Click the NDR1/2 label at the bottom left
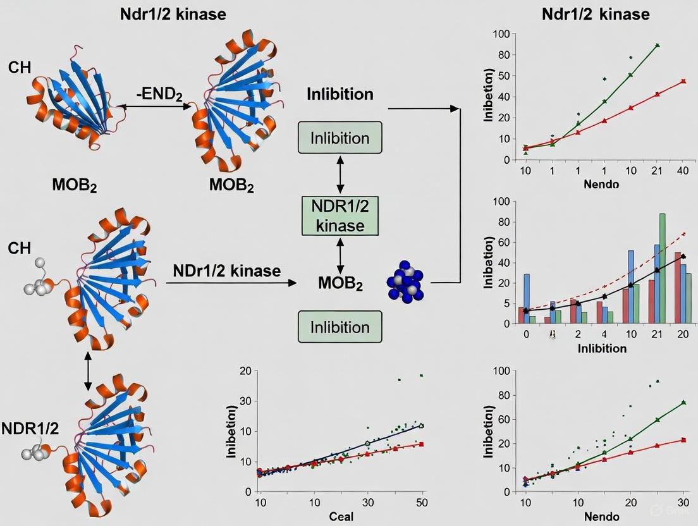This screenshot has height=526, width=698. [x=30, y=428]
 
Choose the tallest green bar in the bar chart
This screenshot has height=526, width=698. [x=662, y=268]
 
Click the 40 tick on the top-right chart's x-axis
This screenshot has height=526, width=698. [x=683, y=171]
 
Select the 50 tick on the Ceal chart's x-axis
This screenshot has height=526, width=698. [x=421, y=503]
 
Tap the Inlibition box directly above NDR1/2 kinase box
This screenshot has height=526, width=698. [x=340, y=138]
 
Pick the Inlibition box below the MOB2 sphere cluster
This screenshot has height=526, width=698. [x=340, y=327]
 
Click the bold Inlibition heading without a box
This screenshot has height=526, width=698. [x=340, y=95]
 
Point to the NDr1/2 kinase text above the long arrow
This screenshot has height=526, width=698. [x=226, y=271]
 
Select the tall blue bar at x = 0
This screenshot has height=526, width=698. [x=527, y=298]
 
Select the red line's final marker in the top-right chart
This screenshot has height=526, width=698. [x=683, y=82]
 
